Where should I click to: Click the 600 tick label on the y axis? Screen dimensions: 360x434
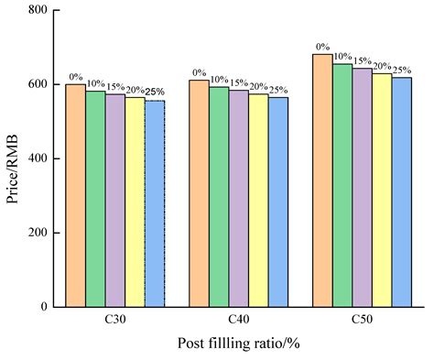[x=38, y=84]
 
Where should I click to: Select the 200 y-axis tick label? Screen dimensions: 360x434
[x=38, y=233]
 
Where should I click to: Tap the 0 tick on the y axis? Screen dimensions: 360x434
[x=44, y=307]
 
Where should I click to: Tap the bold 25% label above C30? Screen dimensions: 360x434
[x=156, y=93]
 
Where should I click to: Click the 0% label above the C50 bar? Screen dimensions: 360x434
[x=322, y=48]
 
